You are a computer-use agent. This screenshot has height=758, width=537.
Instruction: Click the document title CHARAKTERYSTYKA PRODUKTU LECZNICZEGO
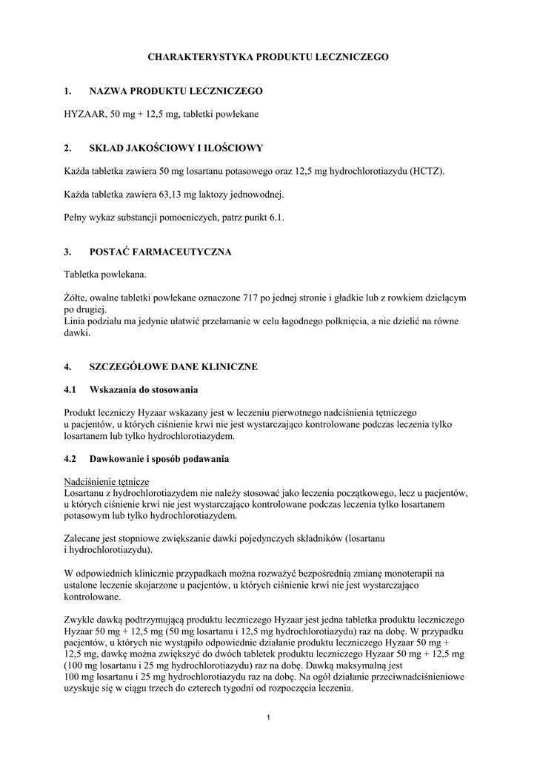[x=268, y=56]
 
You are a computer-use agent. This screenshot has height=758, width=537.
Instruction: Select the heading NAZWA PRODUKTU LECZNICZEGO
[x=176, y=91]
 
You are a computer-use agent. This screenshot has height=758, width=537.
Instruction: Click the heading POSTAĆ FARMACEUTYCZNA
[x=160, y=252]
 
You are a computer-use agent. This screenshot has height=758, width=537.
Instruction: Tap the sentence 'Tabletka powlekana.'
[x=105, y=275]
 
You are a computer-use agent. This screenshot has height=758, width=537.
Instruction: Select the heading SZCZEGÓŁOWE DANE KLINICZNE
[x=174, y=366]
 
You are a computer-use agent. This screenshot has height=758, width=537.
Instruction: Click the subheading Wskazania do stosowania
[x=144, y=389]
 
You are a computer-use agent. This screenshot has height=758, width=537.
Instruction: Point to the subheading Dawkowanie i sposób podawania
[x=159, y=459]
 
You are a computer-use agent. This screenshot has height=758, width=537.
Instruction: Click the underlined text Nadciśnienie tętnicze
[x=107, y=481]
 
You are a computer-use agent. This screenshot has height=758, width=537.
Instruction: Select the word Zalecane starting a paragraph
[x=85, y=538]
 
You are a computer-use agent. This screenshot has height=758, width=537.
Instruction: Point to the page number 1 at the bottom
[x=268, y=717]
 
